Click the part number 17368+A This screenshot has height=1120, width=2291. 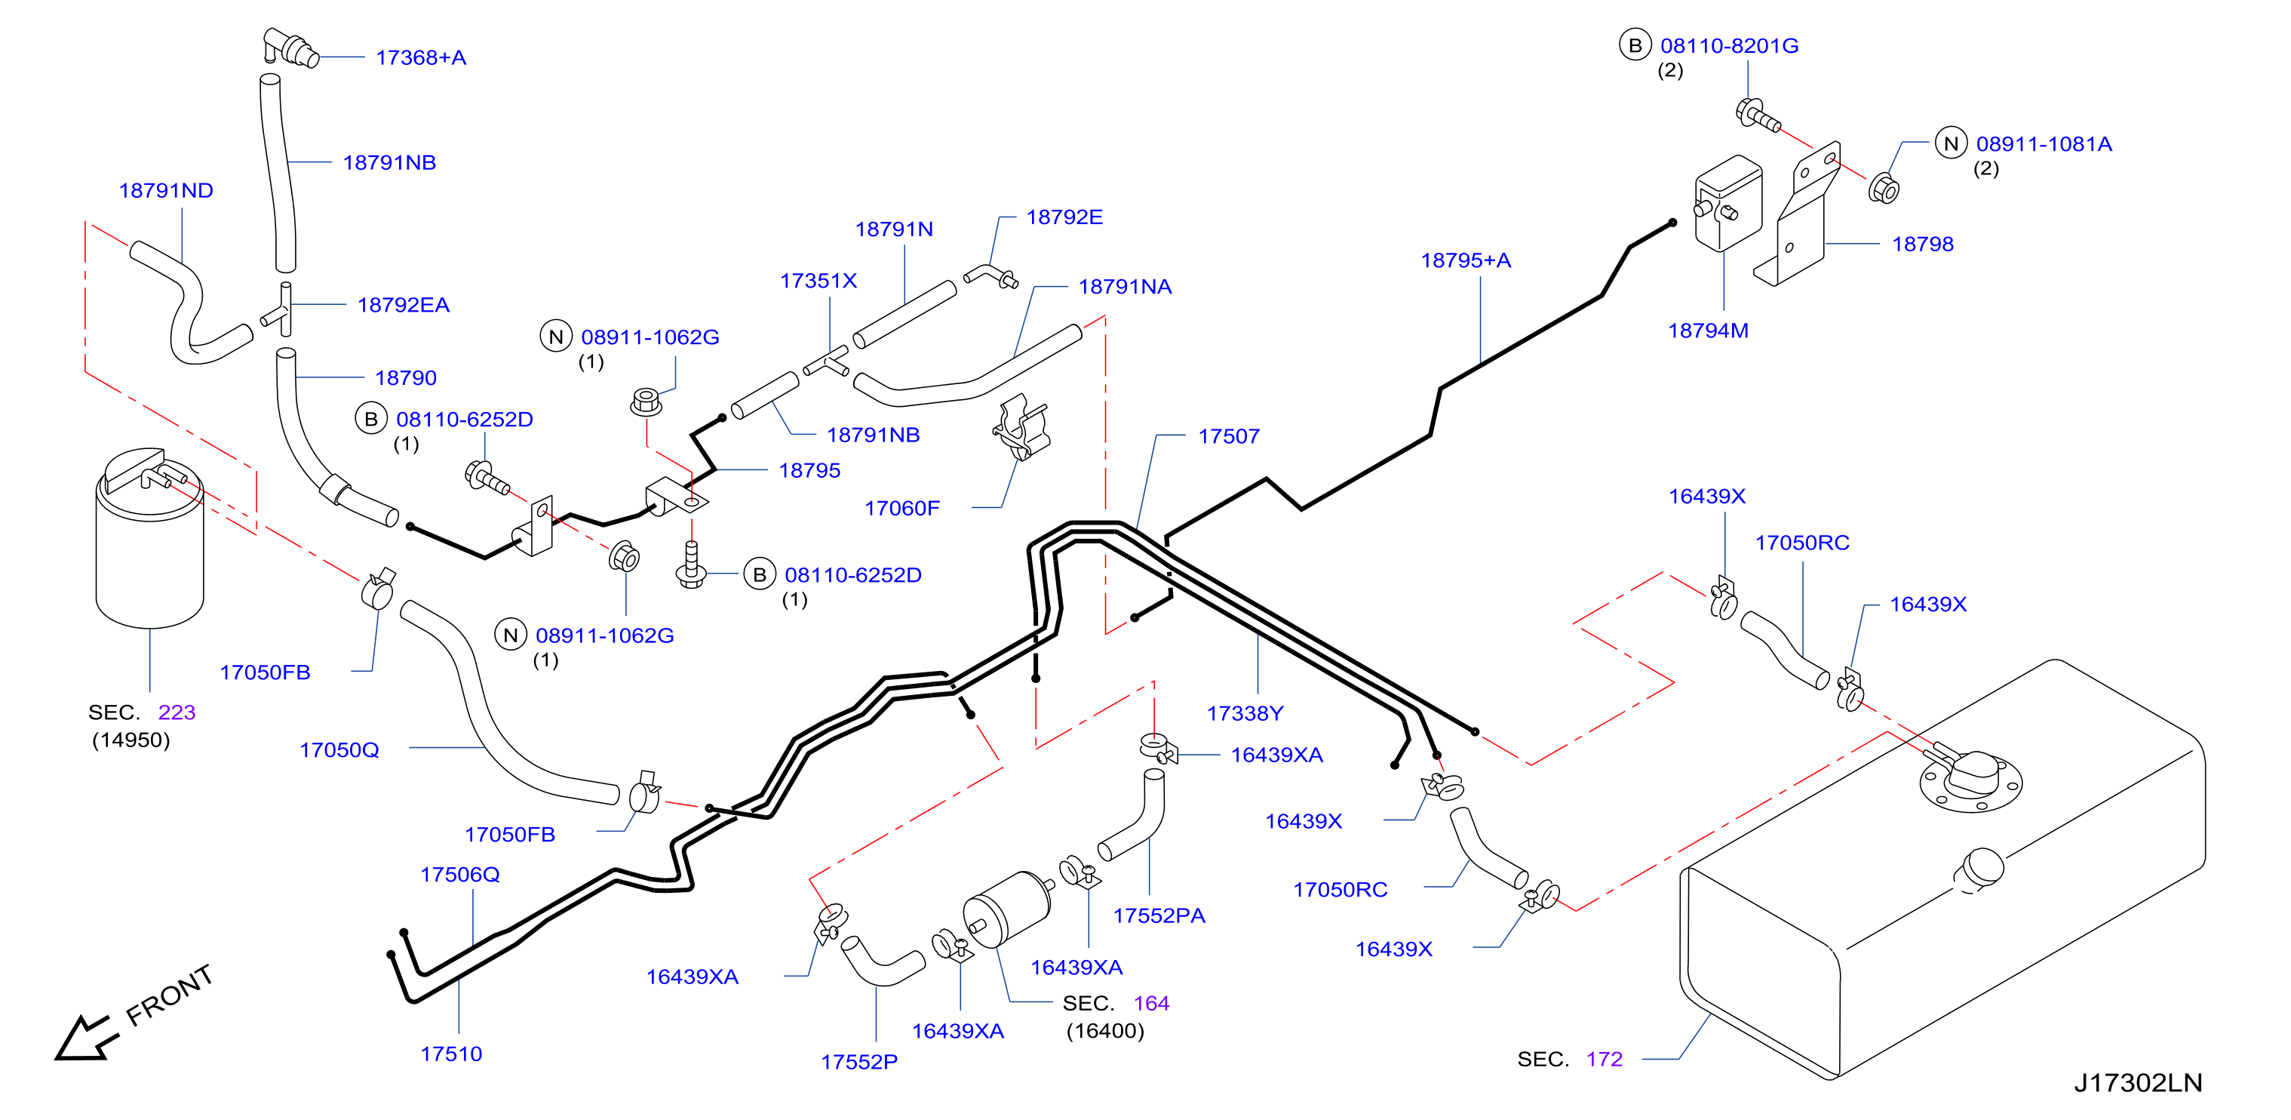point(421,58)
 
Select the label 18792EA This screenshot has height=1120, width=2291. point(403,305)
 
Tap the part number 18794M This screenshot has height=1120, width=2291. point(1708,331)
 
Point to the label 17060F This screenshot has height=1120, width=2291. point(901,508)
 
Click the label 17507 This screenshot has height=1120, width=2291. point(1228,436)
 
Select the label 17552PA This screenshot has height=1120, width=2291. point(1159,915)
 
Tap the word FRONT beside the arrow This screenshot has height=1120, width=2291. point(169,995)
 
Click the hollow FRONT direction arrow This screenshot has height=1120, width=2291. point(84,1039)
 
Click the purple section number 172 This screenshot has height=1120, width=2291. point(1604,1060)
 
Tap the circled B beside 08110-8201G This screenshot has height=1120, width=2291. point(1635,45)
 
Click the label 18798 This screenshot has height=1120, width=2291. point(1922,244)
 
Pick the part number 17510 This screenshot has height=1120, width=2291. point(451,1054)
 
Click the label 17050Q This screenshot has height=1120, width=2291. point(339,750)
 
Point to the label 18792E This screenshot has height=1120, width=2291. point(1064,217)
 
